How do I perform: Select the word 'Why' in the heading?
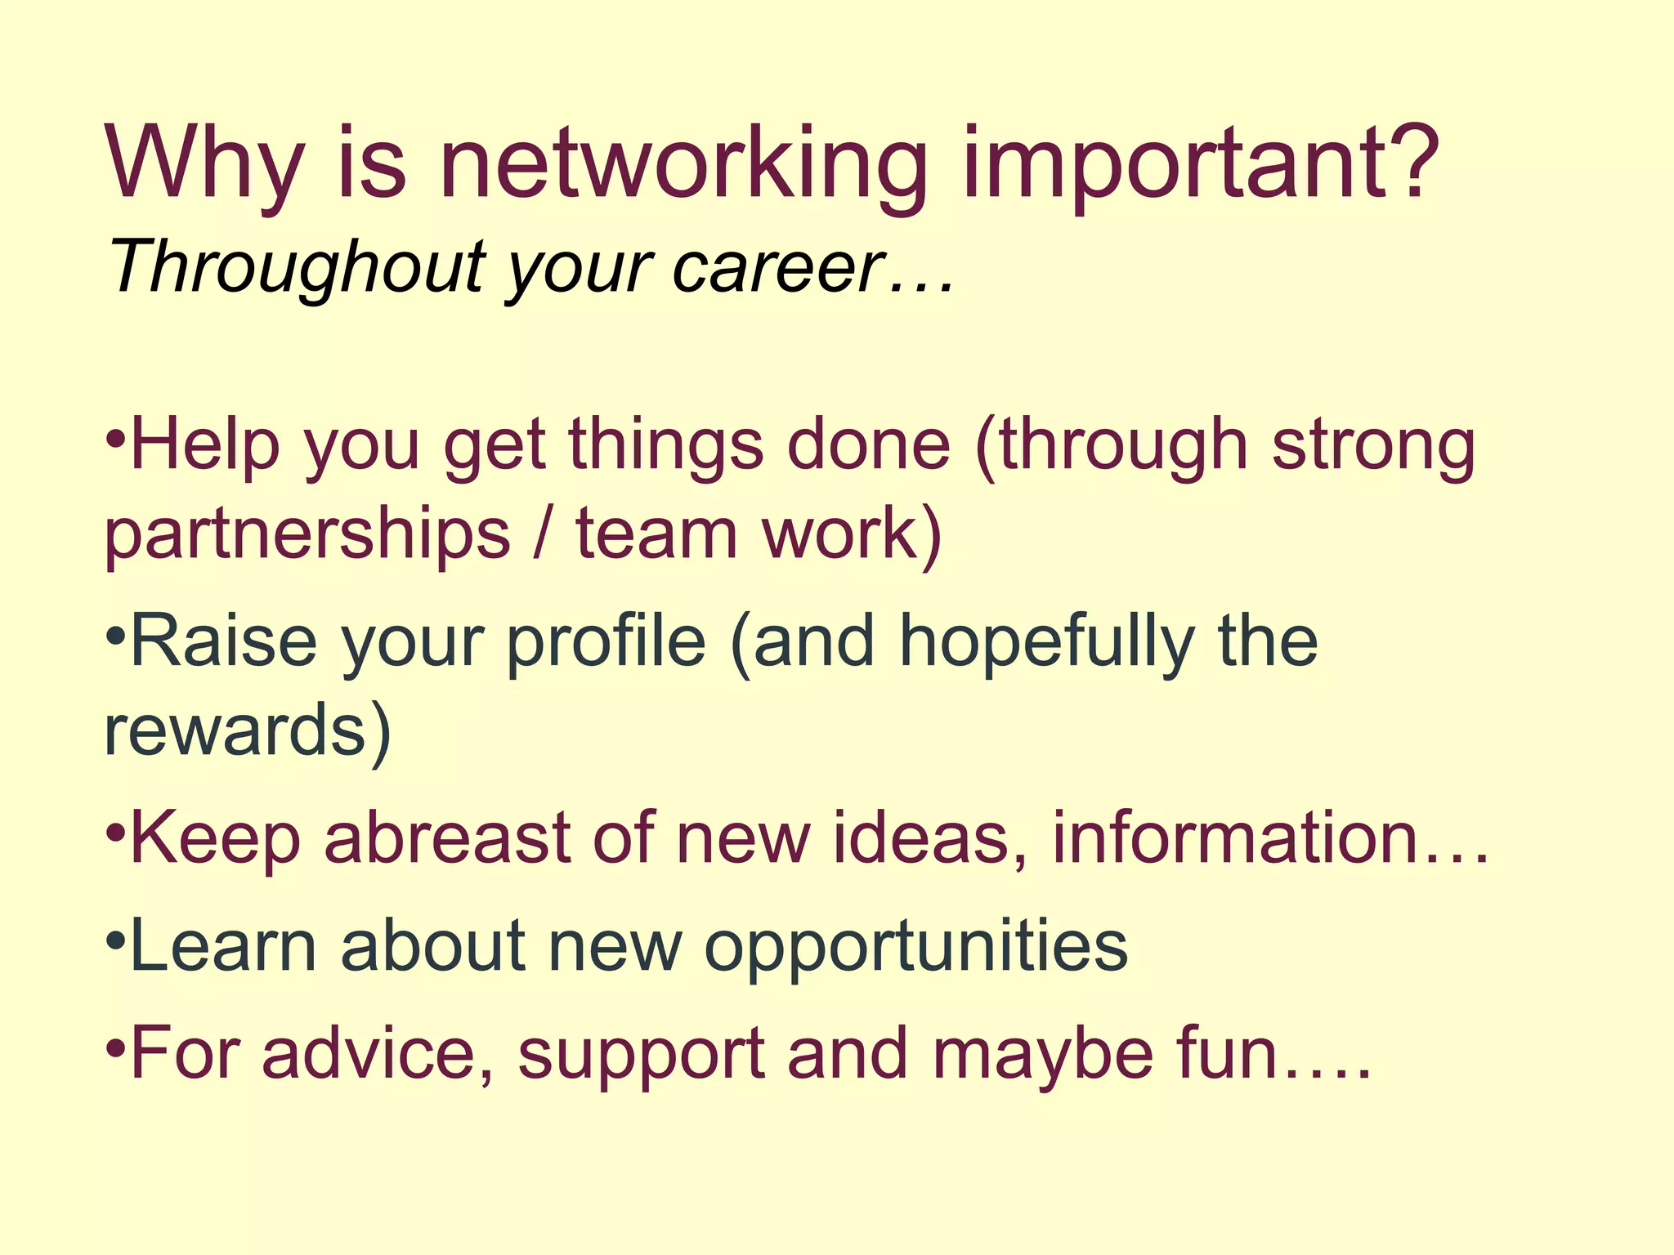click(x=204, y=163)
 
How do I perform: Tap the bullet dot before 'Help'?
click(x=116, y=436)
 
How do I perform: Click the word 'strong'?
click(x=1373, y=448)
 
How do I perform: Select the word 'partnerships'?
click(x=307, y=535)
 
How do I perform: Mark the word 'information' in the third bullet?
click(x=1234, y=837)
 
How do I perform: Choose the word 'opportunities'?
click(x=916, y=948)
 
